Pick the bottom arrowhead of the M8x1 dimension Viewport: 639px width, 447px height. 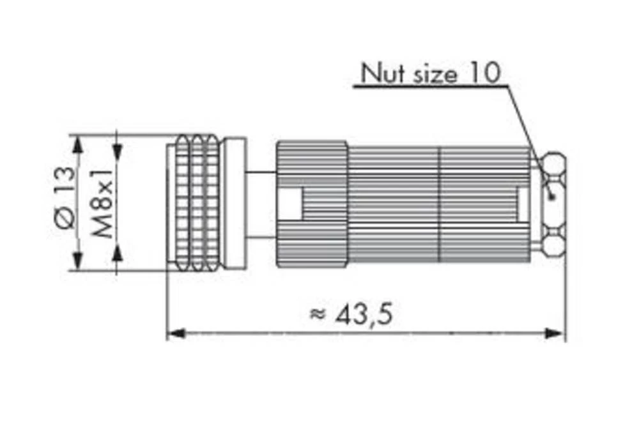[x=118, y=255]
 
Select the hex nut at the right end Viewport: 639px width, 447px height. [x=553, y=202]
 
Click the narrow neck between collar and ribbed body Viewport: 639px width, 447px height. [x=261, y=202]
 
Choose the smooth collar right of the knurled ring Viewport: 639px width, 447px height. [x=235, y=202]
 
